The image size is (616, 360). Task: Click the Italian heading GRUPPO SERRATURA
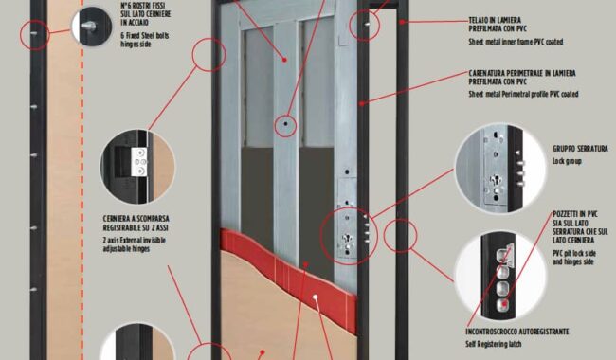click(x=580, y=149)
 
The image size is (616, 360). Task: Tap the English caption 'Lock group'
click(x=567, y=161)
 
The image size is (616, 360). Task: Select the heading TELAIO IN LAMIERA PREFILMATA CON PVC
click(x=498, y=24)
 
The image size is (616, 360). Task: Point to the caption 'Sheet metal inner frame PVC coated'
click(x=516, y=42)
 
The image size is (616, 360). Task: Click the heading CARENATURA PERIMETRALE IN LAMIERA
click(x=522, y=73)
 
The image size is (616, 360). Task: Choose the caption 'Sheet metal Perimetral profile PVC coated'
click(x=523, y=94)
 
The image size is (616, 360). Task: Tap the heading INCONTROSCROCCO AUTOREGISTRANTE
click(x=517, y=332)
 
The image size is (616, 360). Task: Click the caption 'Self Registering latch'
click(x=494, y=344)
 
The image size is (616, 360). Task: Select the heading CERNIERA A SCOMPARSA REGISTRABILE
click(x=136, y=223)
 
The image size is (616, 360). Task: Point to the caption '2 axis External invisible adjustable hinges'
click(x=134, y=244)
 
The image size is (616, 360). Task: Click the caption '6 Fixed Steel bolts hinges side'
click(x=145, y=40)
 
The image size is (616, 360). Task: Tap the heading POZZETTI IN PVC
click(x=575, y=214)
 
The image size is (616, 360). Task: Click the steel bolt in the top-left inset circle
click(x=88, y=27)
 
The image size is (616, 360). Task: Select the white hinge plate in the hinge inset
click(x=140, y=162)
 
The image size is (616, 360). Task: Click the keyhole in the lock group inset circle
click(x=495, y=182)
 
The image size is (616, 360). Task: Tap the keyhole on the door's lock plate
click(x=347, y=239)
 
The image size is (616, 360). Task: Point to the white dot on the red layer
click(x=315, y=297)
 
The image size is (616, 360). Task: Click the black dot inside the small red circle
click(x=285, y=124)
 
